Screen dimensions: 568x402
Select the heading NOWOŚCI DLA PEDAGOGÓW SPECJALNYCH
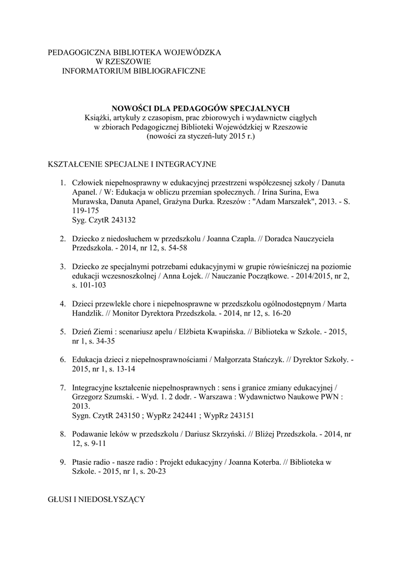(201, 108)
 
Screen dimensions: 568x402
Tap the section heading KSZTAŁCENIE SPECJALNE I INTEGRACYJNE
(132, 165)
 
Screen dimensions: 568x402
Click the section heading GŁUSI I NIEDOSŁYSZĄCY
(96, 499)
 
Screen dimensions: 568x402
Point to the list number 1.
(62, 182)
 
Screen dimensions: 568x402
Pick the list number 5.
(62, 332)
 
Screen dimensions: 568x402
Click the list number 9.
(62, 462)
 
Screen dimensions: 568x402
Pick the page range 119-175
(85, 210)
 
